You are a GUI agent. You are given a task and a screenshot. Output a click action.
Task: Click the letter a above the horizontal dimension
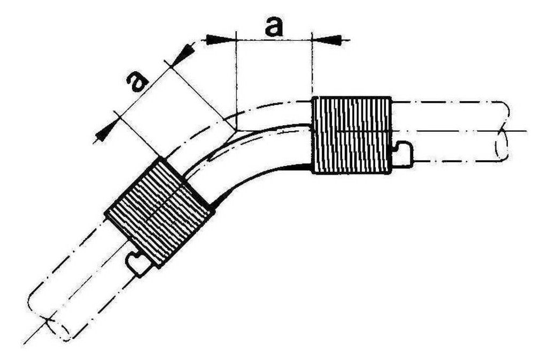[274, 27]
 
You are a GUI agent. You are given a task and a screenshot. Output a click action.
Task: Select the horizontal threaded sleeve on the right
[351, 135]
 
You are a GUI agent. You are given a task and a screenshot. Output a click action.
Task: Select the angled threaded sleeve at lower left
[160, 213]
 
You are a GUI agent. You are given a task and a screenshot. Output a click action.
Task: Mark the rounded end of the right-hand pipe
[502, 132]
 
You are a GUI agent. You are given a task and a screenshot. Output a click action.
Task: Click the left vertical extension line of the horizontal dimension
[237, 81]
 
